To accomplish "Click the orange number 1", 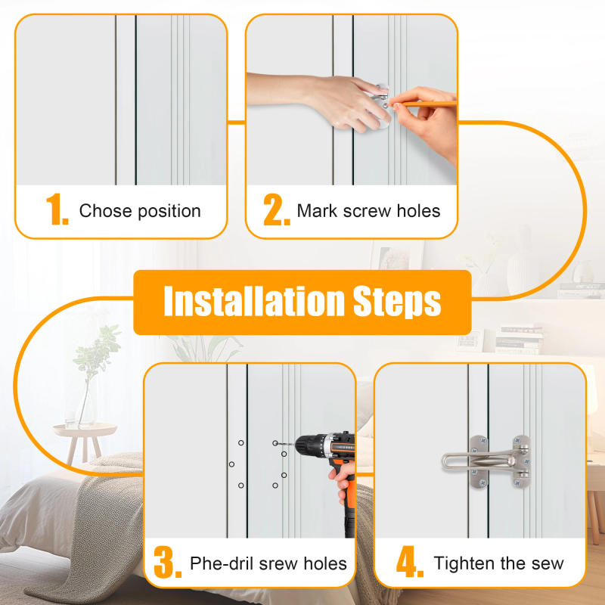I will [57, 210].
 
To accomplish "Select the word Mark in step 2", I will [316, 210].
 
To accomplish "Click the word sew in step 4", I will [547, 563].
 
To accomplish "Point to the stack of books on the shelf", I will [519, 340].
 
